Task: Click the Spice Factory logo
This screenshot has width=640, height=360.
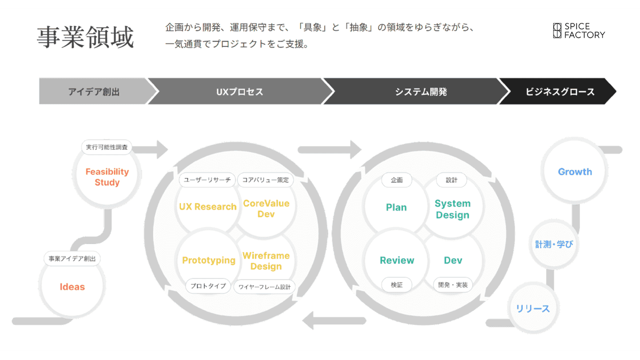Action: (x=578, y=30)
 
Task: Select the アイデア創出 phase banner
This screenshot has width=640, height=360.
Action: (x=94, y=92)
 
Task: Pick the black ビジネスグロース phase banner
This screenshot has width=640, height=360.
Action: (x=560, y=92)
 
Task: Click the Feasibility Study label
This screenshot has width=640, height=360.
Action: (x=107, y=177)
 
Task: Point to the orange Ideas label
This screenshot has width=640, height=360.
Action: (x=72, y=287)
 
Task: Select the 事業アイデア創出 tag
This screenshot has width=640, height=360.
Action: (x=72, y=259)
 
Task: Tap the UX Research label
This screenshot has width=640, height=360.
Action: (x=207, y=207)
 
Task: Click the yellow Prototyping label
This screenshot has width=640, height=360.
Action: (x=209, y=260)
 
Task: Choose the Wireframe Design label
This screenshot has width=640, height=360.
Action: (x=266, y=261)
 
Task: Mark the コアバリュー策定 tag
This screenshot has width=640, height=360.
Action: (x=265, y=180)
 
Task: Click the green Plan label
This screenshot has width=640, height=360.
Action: (x=396, y=207)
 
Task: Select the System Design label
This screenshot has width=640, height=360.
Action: (x=452, y=209)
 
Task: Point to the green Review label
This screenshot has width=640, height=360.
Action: (x=397, y=260)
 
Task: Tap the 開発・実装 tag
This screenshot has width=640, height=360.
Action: (x=452, y=285)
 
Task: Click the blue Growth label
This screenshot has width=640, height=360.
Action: (x=575, y=172)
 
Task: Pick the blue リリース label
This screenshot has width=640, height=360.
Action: (x=532, y=309)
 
